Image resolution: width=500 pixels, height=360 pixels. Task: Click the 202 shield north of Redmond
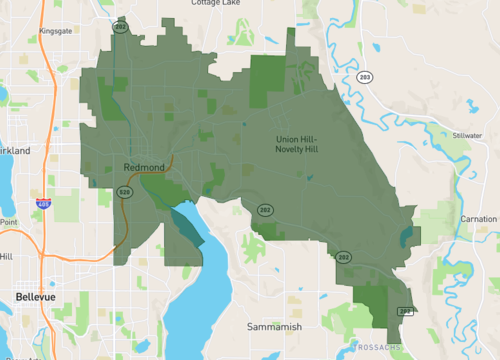tap(121, 27)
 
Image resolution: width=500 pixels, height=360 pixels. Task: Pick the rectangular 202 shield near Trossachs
tap(405, 311)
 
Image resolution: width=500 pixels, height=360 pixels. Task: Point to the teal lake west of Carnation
tap(405, 237)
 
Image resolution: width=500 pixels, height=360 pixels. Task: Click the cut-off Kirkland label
tap(15, 151)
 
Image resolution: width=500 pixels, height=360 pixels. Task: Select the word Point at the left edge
tap(8, 222)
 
